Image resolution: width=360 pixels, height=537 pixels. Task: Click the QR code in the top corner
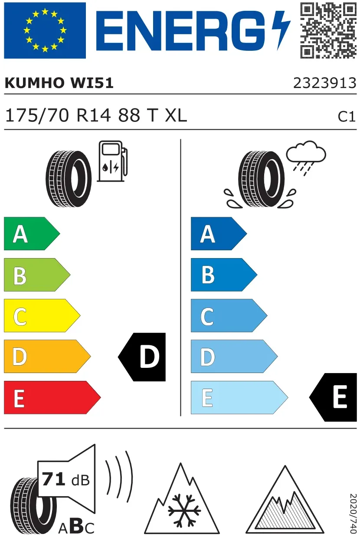(x=328, y=30)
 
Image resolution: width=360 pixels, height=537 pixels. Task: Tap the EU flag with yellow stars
(x=45, y=30)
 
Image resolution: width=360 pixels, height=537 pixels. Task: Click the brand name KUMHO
(x=34, y=83)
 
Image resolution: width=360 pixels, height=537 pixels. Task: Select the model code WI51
(x=92, y=83)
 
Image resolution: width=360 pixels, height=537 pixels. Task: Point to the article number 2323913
(x=325, y=83)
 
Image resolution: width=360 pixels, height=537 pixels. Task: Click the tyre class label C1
(x=347, y=117)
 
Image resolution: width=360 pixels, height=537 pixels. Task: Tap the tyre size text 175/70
(x=37, y=115)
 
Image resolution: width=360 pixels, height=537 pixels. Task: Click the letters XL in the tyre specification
(x=176, y=115)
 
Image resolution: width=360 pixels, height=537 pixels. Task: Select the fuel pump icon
(x=112, y=161)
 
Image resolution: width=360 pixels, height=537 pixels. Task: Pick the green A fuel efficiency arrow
(x=32, y=233)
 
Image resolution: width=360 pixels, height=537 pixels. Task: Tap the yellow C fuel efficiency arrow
(x=42, y=315)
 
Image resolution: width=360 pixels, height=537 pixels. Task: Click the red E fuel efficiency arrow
(x=52, y=397)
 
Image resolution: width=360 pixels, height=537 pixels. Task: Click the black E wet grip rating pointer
(x=333, y=397)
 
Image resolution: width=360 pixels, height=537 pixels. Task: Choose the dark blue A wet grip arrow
(x=219, y=233)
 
